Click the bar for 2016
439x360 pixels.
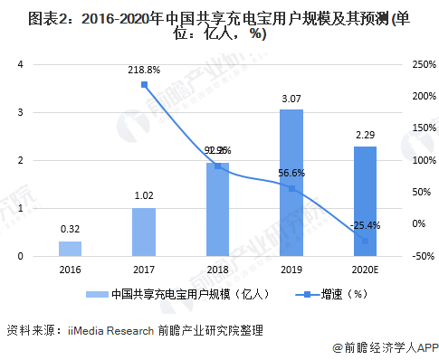point(71,249)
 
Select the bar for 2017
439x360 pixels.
point(144,232)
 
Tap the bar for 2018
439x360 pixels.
point(217,210)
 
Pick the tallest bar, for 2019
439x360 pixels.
point(291,183)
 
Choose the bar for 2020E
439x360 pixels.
point(365,202)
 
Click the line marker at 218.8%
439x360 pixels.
point(144,85)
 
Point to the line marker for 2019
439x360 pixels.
point(291,188)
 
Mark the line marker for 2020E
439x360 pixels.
point(365,241)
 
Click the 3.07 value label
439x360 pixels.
point(291,99)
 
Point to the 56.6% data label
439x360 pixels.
point(291,174)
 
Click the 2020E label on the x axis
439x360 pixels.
point(365,270)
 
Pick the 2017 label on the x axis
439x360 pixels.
point(144,270)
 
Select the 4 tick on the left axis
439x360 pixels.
point(19,64)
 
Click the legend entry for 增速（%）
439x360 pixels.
point(339,294)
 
